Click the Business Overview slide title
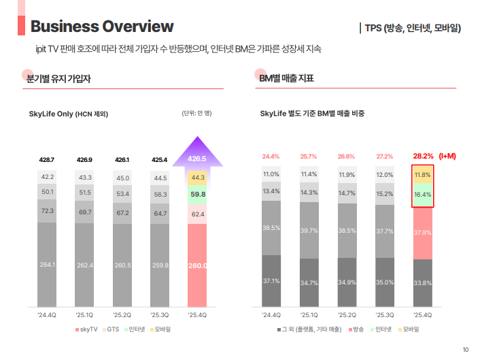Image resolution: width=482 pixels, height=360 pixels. coord(102,27)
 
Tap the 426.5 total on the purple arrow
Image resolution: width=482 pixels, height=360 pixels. coord(197,159)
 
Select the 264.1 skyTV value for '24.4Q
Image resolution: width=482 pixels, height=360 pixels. coord(48,265)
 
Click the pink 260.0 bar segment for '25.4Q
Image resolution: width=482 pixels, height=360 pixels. coord(197,265)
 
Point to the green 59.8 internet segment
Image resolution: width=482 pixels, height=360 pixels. coord(197,194)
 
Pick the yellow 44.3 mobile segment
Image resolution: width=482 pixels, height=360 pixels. coord(197,178)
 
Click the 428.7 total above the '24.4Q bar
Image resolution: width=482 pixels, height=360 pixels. coord(48,159)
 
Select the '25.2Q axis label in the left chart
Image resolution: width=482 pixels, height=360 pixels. coord(122,315)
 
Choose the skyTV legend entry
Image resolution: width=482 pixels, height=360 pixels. coord(86,329)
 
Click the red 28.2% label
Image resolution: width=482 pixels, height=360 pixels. coord(423,156)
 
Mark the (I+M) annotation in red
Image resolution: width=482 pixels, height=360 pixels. coord(447,156)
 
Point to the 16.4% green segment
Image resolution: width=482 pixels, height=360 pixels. coord(423,195)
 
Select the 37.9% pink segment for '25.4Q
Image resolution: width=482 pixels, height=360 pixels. coord(423,233)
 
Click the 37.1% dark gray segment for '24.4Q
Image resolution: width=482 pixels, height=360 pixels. coord(271,280)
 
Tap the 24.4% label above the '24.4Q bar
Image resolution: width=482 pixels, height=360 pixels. coord(271,156)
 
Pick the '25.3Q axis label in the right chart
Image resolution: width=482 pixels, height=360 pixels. coord(385,315)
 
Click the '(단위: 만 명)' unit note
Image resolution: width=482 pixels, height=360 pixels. coord(196,113)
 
